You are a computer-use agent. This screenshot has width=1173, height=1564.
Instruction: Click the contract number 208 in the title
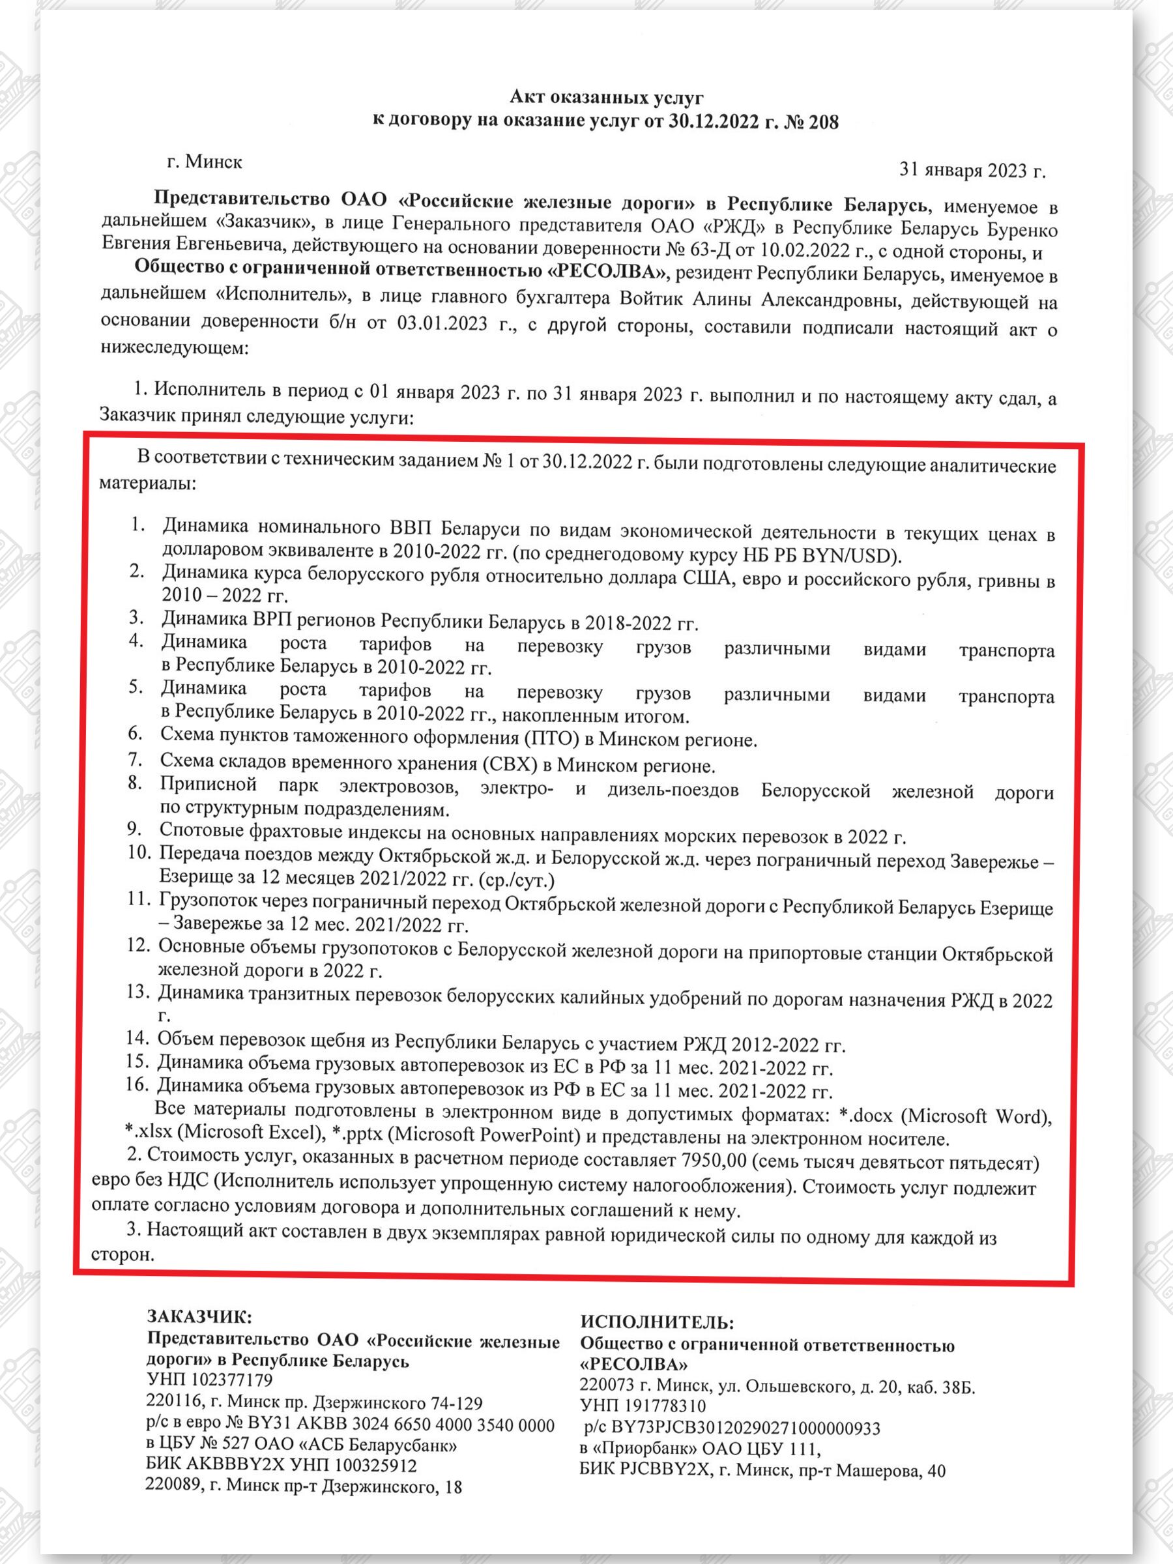[823, 123]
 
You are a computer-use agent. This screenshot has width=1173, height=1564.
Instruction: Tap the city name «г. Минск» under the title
[205, 162]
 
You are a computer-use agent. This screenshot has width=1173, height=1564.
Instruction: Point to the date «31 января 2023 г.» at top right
[972, 170]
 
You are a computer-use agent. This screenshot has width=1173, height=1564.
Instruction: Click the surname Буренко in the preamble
[1022, 231]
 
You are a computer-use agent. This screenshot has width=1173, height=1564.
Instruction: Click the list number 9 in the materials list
[134, 829]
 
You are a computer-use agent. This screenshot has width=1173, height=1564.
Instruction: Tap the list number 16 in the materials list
[137, 1084]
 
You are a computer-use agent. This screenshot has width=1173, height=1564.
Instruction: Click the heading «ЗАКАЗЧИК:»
[199, 1316]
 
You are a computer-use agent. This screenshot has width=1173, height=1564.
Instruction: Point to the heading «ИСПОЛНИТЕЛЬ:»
[657, 1322]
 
